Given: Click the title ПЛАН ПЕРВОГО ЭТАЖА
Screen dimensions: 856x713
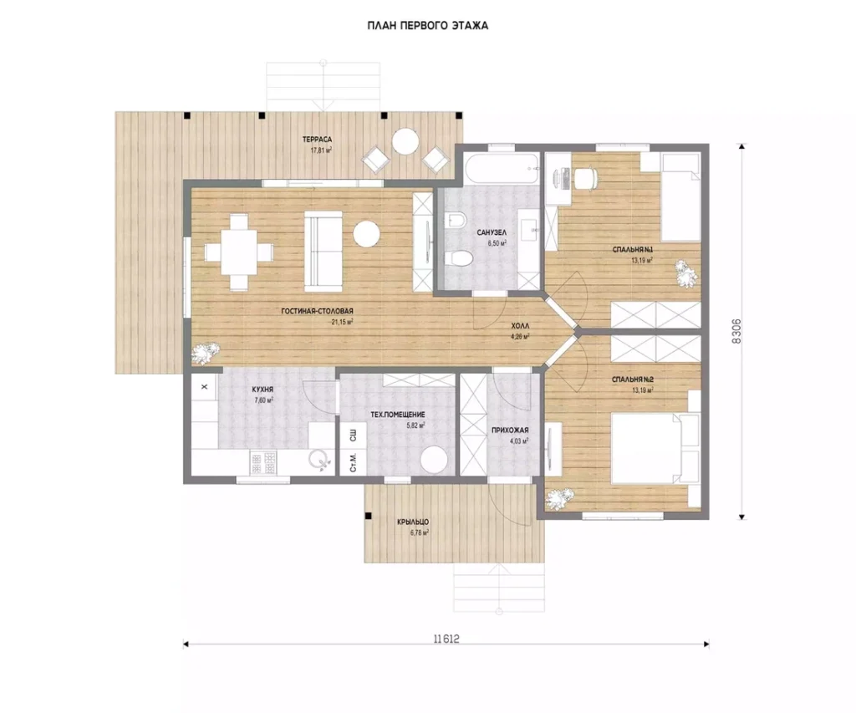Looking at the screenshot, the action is tap(427, 26).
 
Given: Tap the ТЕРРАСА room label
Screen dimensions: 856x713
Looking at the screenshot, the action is tap(317, 140).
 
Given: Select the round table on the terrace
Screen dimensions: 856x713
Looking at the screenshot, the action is tap(405, 141).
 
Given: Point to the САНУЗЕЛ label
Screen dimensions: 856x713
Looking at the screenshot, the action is tap(492, 232).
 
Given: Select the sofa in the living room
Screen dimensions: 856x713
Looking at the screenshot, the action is tap(324, 248).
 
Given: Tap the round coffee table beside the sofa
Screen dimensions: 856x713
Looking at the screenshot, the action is tap(366, 234).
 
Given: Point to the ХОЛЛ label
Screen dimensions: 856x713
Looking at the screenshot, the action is tap(520, 325).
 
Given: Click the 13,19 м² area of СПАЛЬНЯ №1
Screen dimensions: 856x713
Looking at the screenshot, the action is tap(642, 261).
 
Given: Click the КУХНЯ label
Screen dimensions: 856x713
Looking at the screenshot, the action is tap(262, 390).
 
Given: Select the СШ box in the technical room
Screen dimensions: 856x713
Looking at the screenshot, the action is tap(354, 435).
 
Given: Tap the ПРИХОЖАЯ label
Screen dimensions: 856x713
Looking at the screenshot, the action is tap(510, 430).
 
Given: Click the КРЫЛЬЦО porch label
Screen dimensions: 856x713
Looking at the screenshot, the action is tap(413, 522).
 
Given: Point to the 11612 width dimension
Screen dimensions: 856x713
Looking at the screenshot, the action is tap(446, 639).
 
